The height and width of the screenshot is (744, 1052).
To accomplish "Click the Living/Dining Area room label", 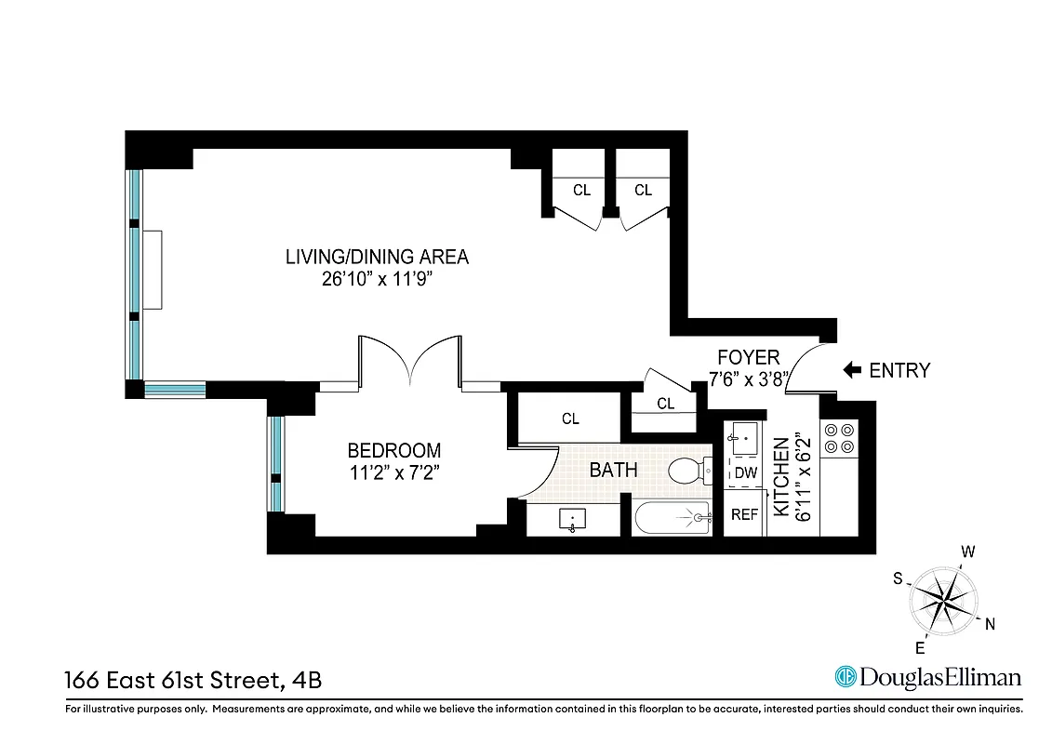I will click(x=377, y=257).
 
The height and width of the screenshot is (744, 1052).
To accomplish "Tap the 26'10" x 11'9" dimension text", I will click(x=377, y=279).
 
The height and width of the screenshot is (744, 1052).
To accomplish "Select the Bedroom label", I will click(x=394, y=450).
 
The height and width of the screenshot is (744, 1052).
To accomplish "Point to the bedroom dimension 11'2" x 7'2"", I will click(x=394, y=472).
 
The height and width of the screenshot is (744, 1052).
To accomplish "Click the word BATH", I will click(x=613, y=470).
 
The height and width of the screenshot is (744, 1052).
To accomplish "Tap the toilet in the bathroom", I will click(x=688, y=471).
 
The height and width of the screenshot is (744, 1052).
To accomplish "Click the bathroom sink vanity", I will click(x=573, y=520).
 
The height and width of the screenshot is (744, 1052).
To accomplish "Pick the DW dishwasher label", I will click(x=745, y=472).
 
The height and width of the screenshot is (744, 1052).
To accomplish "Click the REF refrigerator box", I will click(x=745, y=514).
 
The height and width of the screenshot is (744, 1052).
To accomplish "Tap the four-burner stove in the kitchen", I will click(x=839, y=438).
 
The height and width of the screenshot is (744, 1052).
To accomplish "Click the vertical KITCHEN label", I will click(x=781, y=478).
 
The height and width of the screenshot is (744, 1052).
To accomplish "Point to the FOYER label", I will click(x=748, y=357).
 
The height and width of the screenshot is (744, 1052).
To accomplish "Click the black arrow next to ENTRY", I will click(x=851, y=370).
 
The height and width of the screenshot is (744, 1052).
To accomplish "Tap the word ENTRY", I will click(x=899, y=370).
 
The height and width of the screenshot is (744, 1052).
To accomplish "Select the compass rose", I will click(x=943, y=598).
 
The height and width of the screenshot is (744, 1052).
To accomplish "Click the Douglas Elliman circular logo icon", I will click(x=846, y=676).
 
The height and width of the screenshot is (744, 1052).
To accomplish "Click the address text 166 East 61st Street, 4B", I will click(x=193, y=680).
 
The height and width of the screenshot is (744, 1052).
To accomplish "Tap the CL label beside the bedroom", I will click(x=570, y=419).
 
